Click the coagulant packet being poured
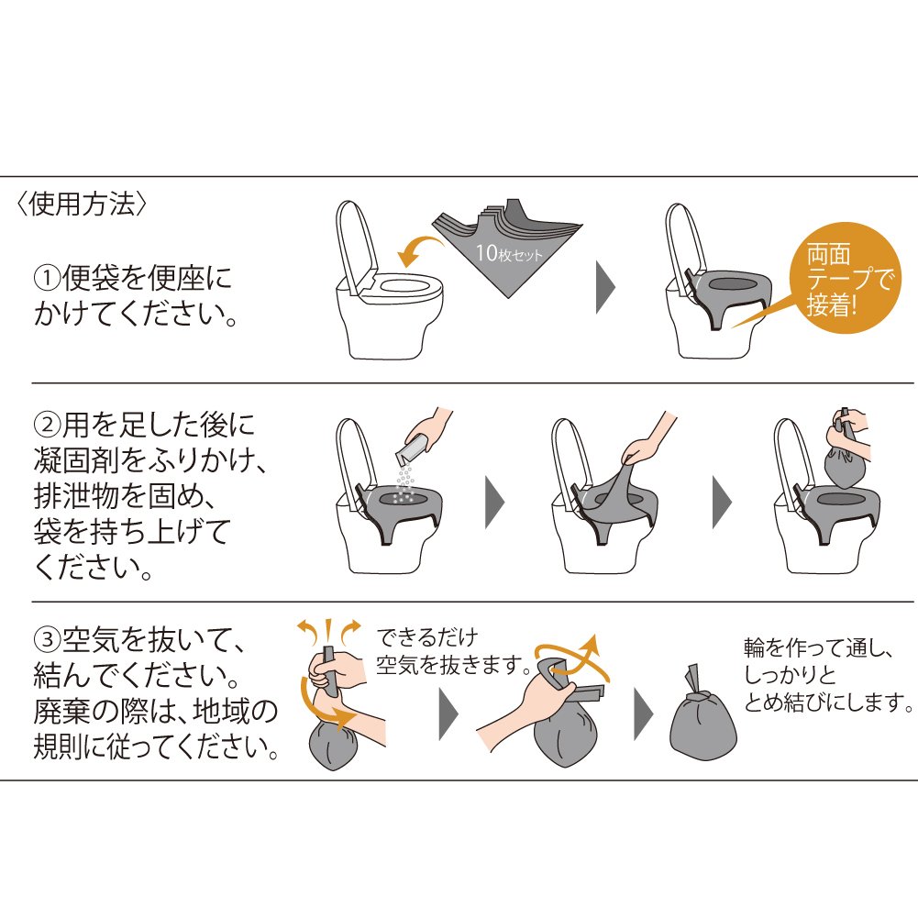[x=411, y=452]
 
